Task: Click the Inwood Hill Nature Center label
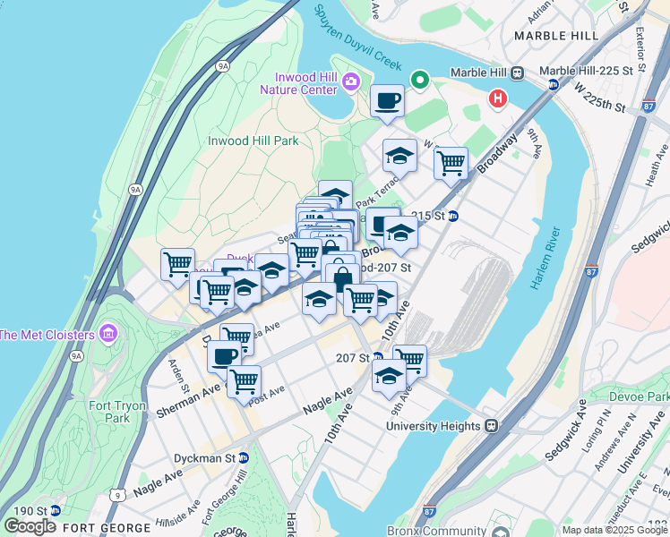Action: pyautogui.click(x=298, y=81)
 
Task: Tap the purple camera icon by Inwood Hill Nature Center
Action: pyautogui.click(x=350, y=82)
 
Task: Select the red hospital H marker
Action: pyautogui.click(x=496, y=98)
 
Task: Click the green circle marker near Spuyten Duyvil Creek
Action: pyautogui.click(x=419, y=81)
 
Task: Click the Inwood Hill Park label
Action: pyautogui.click(x=253, y=141)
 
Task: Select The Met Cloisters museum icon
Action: pyautogui.click(x=108, y=335)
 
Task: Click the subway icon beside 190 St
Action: pyautogui.click(x=56, y=510)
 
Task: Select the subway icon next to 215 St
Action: pyautogui.click(x=453, y=216)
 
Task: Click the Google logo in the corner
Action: pyautogui.click(x=30, y=526)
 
